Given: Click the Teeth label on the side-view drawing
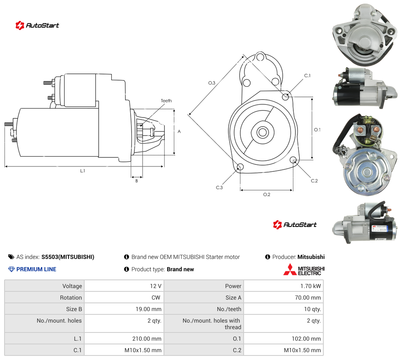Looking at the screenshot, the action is point(166,101).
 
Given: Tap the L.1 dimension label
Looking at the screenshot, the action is point(83,171).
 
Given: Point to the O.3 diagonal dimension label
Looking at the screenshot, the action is point(212,83).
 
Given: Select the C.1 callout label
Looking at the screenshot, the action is point(307,76).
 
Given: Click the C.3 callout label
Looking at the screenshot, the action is point(219,187).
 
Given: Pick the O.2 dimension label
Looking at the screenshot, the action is point(267,194).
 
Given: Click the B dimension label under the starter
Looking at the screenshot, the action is point(136,181).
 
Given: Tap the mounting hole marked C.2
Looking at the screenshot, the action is point(293,160).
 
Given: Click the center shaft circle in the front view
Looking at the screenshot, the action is point(263,132).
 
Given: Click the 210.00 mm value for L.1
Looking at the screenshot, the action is point(147,339).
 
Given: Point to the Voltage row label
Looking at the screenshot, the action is point(72,286).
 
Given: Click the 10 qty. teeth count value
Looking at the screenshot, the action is point(312,309).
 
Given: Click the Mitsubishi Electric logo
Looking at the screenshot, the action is point(304,270).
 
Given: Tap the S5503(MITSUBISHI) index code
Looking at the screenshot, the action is point(68,257).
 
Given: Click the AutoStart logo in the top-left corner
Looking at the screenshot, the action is point(37,25).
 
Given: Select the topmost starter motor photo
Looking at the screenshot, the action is point(365,35).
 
